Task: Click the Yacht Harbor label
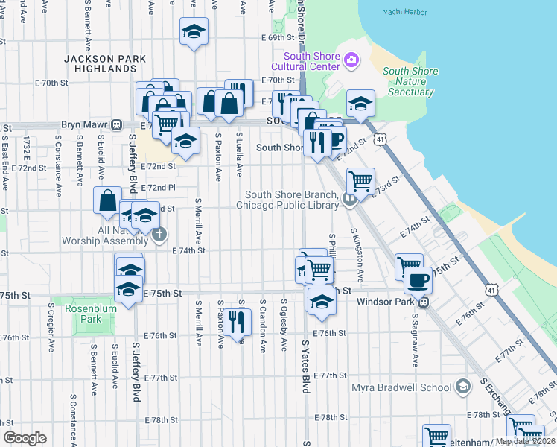pyautogui.click(x=407, y=12)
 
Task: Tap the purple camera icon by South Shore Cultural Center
pyautogui.click(x=351, y=58)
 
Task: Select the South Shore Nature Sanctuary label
pyautogui.click(x=410, y=82)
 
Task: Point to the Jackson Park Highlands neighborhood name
pyautogui.click(x=100, y=63)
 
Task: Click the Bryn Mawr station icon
pyautogui.click(x=116, y=124)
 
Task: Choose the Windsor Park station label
pyautogui.click(x=385, y=302)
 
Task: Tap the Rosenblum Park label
pyautogui.click(x=93, y=314)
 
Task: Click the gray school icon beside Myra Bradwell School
pyautogui.click(x=463, y=387)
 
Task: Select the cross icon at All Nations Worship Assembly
pyautogui.click(x=158, y=235)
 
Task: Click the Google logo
pyautogui.click(x=25, y=438)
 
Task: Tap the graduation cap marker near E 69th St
pyautogui.click(x=194, y=32)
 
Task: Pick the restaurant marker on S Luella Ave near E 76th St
pyautogui.click(x=237, y=322)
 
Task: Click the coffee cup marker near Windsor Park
pyautogui.click(x=418, y=280)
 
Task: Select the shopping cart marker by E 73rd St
pyautogui.click(x=360, y=181)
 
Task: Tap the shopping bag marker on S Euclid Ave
pyautogui.click(x=107, y=200)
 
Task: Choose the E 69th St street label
pyautogui.click(x=278, y=37)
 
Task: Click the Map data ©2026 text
pyautogui.click(x=525, y=441)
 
